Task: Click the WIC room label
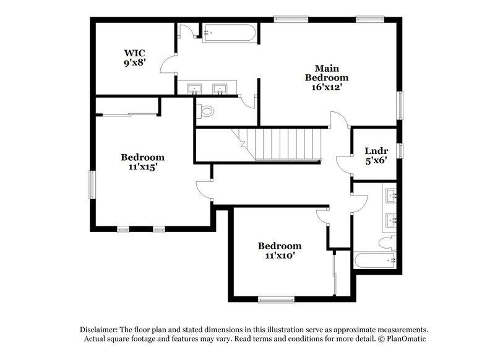point(134,52)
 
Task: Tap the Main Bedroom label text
point(327,73)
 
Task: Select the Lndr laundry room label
point(376,151)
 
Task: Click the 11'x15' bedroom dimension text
point(142,167)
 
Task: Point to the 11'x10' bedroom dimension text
point(280,255)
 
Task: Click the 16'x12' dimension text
point(327,88)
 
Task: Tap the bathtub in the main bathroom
point(229,32)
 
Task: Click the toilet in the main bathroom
point(205,111)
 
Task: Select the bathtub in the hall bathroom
point(374,260)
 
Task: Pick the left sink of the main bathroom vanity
point(194,89)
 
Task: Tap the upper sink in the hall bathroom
point(391,197)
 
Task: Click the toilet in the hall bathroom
point(389,241)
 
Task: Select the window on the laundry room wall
point(400,150)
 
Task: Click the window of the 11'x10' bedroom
point(276,300)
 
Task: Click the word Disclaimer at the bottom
point(99,330)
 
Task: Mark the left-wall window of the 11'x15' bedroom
point(92,186)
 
